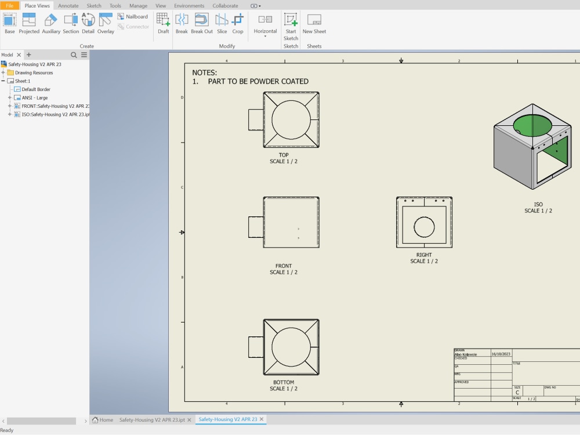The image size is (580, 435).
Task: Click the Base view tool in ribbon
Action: (x=10, y=23)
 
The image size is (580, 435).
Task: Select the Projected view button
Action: (x=29, y=23)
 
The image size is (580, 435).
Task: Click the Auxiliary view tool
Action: (x=51, y=23)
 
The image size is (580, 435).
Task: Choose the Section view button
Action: (x=71, y=23)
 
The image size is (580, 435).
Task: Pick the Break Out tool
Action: (x=201, y=23)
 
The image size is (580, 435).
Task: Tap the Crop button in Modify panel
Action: (x=238, y=23)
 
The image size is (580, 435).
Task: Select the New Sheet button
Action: (x=314, y=23)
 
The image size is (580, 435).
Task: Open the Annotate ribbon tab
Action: (x=68, y=6)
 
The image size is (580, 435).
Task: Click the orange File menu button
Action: (x=10, y=6)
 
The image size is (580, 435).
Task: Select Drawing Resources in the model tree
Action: (x=34, y=72)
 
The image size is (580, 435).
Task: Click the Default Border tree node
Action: (x=36, y=89)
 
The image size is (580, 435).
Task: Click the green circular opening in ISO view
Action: (x=532, y=125)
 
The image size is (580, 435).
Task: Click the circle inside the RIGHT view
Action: (x=424, y=227)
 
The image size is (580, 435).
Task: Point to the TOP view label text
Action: (x=284, y=155)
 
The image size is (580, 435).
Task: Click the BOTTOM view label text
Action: (x=284, y=382)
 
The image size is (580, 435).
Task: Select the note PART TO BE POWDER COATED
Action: (x=258, y=81)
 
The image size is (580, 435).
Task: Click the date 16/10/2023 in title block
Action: (x=501, y=353)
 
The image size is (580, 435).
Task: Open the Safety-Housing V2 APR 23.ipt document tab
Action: (x=151, y=419)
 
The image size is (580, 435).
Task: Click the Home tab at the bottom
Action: (x=103, y=419)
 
